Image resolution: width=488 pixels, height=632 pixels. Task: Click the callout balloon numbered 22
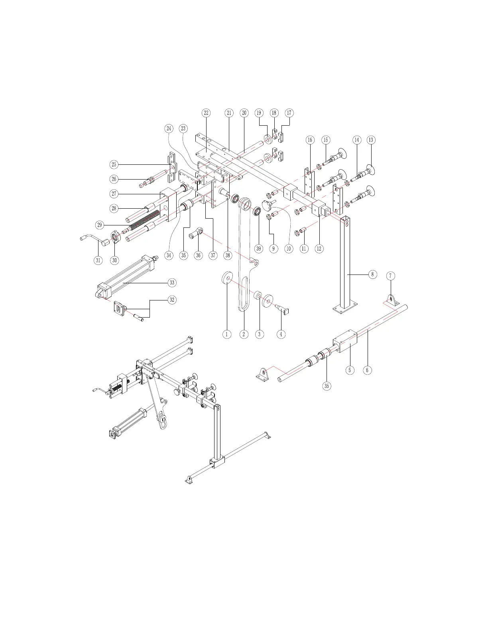pyautogui.click(x=206, y=113)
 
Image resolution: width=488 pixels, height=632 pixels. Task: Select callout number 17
pyautogui.click(x=289, y=113)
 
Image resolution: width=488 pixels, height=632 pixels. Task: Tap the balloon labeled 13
pyautogui.click(x=371, y=140)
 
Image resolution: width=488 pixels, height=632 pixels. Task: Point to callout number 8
pyautogui.click(x=372, y=275)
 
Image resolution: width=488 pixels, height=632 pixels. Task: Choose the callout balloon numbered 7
pyautogui.click(x=391, y=276)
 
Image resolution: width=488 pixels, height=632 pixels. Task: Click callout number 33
pyautogui.click(x=172, y=283)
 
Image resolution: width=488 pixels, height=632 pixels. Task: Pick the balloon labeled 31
pyautogui.click(x=98, y=260)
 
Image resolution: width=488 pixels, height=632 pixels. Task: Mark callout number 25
pyautogui.click(x=114, y=164)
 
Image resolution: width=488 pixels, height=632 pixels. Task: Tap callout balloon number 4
pyautogui.click(x=281, y=334)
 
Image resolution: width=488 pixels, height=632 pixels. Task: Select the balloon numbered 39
pyautogui.click(x=259, y=249)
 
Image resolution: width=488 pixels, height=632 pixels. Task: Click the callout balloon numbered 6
pyautogui.click(x=367, y=370)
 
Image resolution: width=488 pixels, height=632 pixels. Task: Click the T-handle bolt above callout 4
pyautogui.click(x=283, y=308)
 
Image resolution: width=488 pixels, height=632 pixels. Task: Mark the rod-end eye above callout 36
pyautogui.click(x=196, y=233)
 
